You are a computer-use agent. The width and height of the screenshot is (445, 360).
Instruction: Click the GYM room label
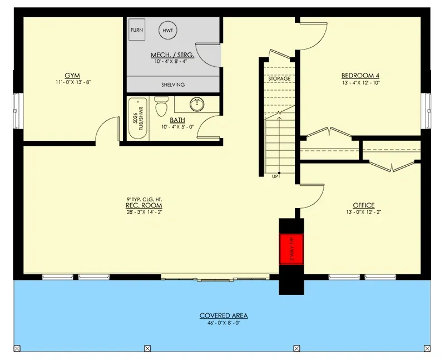coord(72,75)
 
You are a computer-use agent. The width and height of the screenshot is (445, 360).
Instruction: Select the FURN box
coord(137,31)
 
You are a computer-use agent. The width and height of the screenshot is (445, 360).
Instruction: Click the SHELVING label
coord(174,85)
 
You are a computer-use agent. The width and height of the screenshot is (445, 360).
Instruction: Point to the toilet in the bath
coord(161,106)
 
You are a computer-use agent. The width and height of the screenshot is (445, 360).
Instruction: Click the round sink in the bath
coord(197,105)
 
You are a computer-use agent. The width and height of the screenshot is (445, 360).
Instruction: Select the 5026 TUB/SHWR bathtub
coord(136,118)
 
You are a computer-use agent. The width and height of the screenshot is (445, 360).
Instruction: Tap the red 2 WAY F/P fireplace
coord(291,248)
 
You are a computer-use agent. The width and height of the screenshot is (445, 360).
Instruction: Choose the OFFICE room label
coord(363,205)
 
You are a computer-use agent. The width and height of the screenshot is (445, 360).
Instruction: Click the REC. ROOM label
coord(144,205)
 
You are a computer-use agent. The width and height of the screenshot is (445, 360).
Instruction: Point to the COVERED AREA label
coord(224,315)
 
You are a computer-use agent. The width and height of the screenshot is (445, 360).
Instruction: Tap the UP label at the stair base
coord(275,177)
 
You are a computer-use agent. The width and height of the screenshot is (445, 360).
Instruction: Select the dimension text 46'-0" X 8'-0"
coord(224,323)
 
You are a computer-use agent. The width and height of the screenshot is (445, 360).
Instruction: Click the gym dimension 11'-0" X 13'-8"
coord(72,82)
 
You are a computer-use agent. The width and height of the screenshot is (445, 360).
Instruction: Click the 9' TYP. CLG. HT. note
coord(144,199)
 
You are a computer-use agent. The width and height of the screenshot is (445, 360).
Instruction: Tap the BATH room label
coord(177,120)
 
